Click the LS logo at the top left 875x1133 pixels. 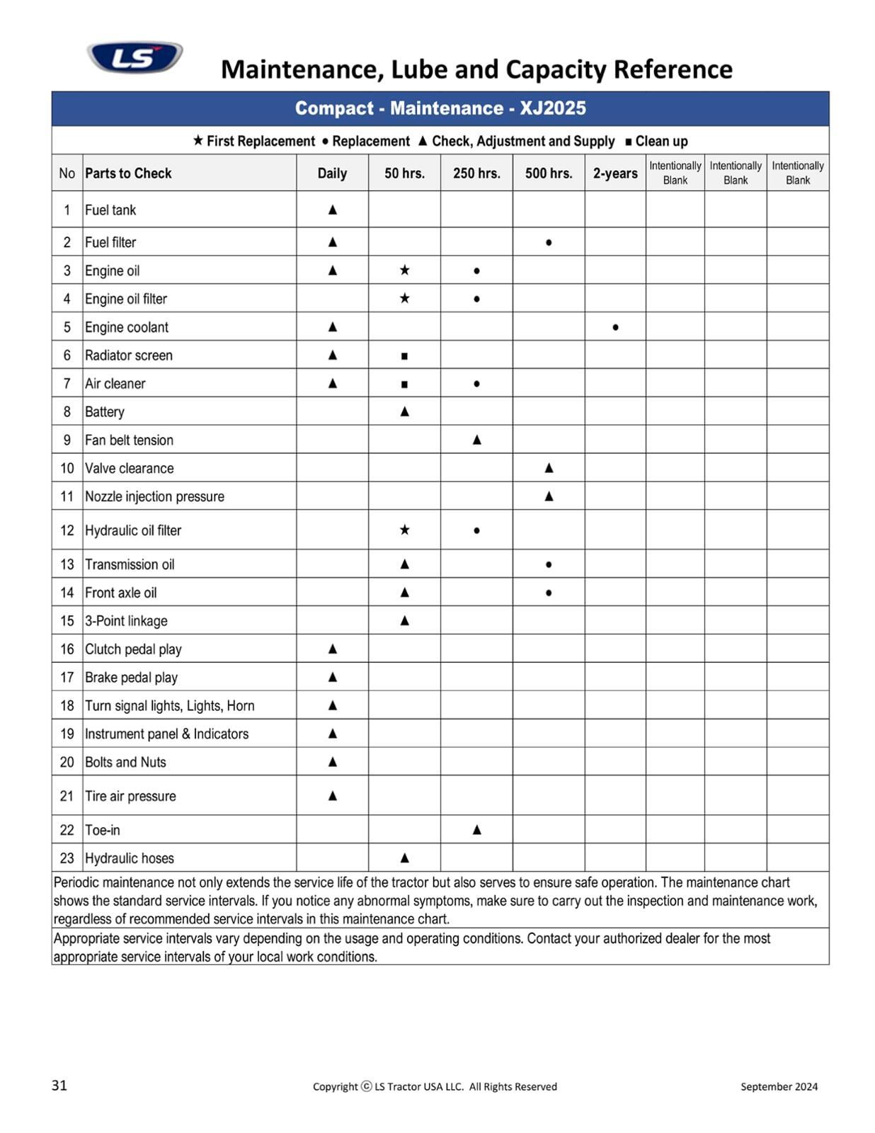[x=135, y=57]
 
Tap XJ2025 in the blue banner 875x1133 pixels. [x=553, y=108]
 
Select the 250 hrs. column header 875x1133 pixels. [x=476, y=173]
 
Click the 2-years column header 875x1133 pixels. [x=614, y=173]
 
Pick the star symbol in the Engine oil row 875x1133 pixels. [x=404, y=270]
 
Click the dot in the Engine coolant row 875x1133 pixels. [x=615, y=327]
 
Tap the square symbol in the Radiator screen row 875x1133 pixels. [x=404, y=356]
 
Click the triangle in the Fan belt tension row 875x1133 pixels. [x=476, y=440]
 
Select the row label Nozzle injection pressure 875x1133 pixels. [x=154, y=496]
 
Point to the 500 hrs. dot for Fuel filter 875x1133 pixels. [x=549, y=243]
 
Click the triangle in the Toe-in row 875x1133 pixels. [x=476, y=829]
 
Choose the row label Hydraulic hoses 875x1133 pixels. [x=129, y=858]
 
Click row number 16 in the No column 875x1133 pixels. [x=67, y=649]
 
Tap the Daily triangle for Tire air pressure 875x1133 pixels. [x=332, y=796]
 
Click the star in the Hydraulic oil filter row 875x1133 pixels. [x=404, y=530]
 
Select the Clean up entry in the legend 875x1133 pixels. [x=656, y=141]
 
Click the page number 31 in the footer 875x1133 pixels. [x=59, y=1086]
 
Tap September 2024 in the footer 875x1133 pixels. [x=779, y=1086]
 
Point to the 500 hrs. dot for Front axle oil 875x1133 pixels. [x=549, y=593]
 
